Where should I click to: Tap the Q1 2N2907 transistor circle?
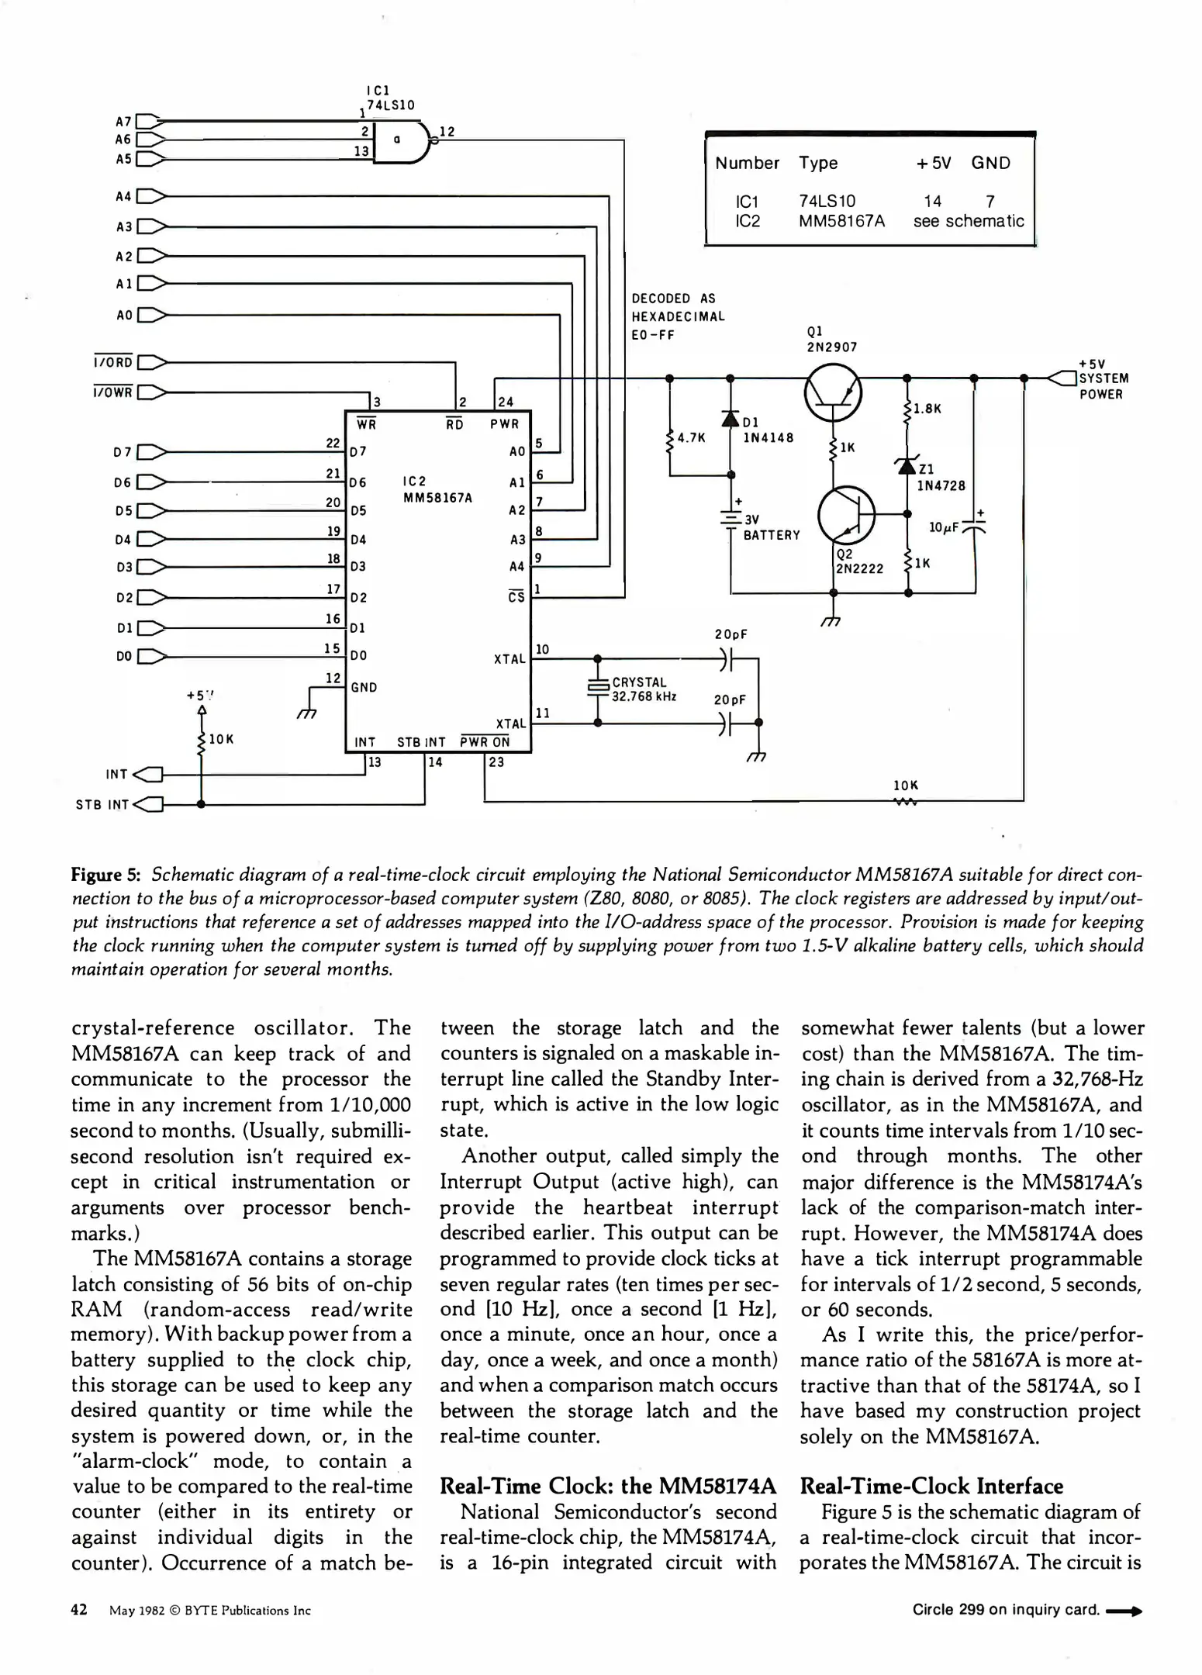click(x=832, y=392)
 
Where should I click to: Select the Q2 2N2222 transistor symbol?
click(x=846, y=514)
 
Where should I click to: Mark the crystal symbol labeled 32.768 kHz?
click(x=597, y=686)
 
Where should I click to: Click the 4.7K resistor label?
click(x=691, y=437)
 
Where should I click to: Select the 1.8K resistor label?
click(x=927, y=409)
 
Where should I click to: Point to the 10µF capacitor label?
click(x=944, y=527)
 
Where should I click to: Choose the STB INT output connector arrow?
click(x=149, y=804)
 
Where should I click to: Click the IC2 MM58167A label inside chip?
click(x=437, y=489)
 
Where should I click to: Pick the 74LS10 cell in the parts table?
click(x=827, y=201)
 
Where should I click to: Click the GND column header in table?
click(x=990, y=163)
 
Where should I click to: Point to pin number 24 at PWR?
click(x=505, y=402)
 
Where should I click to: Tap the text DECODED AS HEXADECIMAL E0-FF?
click(x=678, y=316)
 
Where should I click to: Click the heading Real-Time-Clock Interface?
click(x=931, y=1486)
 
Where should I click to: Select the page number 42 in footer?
click(x=79, y=1610)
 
